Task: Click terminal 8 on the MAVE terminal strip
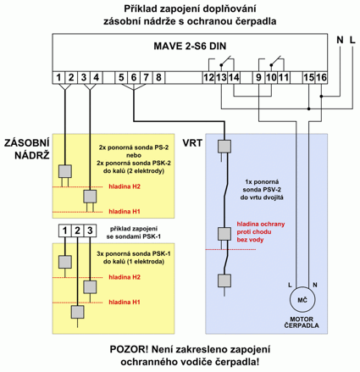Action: pos(158,77)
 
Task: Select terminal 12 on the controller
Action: pos(209,77)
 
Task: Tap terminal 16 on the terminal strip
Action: pos(321,77)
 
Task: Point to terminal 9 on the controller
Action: pos(259,77)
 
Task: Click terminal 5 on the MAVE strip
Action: pos(121,77)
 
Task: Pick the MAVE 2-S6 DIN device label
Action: pos(190,46)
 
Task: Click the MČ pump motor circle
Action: pos(302,300)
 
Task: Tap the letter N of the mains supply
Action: pos(340,40)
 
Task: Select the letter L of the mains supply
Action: pos(352,40)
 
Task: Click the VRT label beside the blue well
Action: pos(192,143)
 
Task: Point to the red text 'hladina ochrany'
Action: pos(261,224)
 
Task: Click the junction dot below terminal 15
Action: pos(309,108)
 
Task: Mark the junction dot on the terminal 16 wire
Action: pos(321,97)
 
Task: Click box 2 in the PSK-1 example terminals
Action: pos(77,230)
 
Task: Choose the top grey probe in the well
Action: pos(224,147)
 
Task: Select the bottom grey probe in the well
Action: pos(224,280)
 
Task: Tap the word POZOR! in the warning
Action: pos(129,349)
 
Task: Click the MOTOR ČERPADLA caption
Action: pos(302,322)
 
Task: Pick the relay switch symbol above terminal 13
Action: pos(227,62)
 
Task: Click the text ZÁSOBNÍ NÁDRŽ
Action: pos(27,149)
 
